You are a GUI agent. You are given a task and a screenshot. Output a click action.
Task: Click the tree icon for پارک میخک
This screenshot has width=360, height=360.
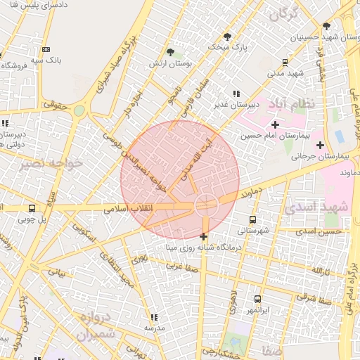227,36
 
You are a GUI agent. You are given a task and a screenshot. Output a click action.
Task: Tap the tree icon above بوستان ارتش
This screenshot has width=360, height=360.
170,51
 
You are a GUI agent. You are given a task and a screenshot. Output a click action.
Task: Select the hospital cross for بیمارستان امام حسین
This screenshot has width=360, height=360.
275,125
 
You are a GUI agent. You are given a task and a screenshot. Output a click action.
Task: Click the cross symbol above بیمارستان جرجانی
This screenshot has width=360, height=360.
320,146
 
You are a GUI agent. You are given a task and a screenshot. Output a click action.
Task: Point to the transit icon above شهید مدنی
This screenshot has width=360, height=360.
284,62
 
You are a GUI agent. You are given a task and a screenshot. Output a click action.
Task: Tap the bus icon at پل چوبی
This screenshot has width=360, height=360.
32,209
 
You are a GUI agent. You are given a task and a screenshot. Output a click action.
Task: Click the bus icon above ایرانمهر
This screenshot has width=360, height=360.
257,300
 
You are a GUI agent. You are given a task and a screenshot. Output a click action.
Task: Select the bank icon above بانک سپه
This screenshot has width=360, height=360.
46,49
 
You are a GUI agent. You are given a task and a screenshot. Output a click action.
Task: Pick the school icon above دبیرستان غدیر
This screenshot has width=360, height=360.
236,94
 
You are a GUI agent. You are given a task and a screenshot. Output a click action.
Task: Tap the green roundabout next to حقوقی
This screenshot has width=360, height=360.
79,110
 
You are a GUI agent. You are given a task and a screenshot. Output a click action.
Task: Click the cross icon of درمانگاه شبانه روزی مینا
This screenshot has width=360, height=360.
204,237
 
